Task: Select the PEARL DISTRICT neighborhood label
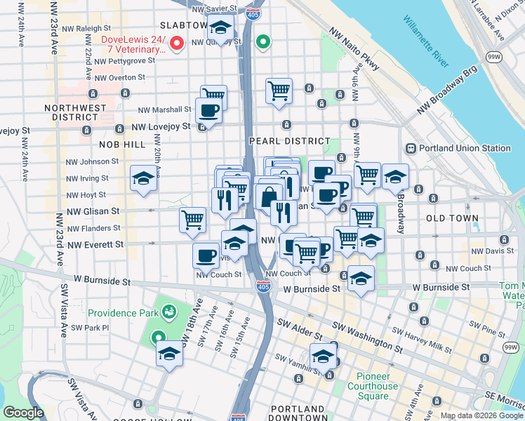click(x=289, y=141)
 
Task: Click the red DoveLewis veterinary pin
click(x=178, y=44)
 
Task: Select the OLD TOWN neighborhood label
click(x=451, y=219)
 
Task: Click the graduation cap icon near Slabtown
click(x=222, y=29)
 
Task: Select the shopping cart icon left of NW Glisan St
click(x=192, y=219)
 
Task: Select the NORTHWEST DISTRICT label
click(x=75, y=114)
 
